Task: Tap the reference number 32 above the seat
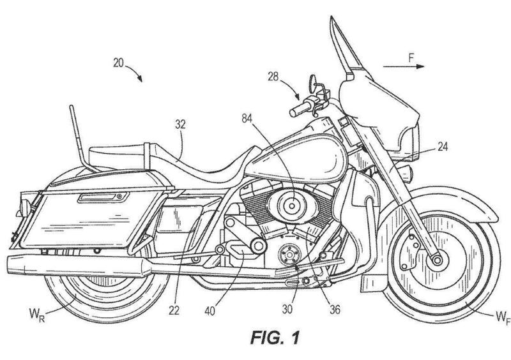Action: click(x=180, y=126)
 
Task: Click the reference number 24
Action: click(x=443, y=146)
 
